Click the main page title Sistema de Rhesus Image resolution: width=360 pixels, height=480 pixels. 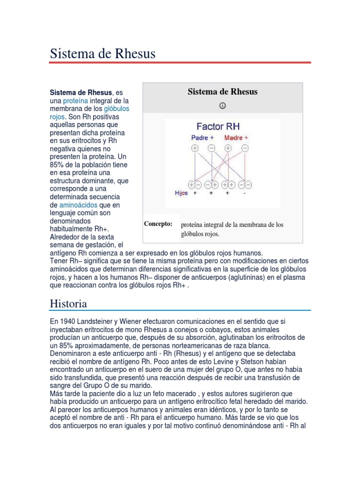pos(102,54)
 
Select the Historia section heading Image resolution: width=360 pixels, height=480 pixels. pos(68,303)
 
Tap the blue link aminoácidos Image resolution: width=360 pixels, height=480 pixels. pos(78,205)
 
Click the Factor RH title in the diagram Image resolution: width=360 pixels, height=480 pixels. pos(218,127)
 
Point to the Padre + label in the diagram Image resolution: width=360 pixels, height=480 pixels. pos(202,138)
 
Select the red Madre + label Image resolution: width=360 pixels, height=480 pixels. pos(236,138)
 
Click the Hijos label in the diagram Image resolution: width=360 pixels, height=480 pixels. pos(181,193)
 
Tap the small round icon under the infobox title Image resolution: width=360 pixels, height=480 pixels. pos(223,105)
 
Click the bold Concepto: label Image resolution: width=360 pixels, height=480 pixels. pos(158,224)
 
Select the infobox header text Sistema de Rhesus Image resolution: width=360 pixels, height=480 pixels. pos(223,92)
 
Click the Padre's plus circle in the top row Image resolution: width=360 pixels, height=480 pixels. pos(195,148)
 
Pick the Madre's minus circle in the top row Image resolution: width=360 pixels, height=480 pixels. pos(244,148)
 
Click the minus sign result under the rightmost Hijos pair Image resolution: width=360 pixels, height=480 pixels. pos(244,193)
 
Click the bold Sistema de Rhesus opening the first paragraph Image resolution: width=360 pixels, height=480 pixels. pos(81,93)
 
